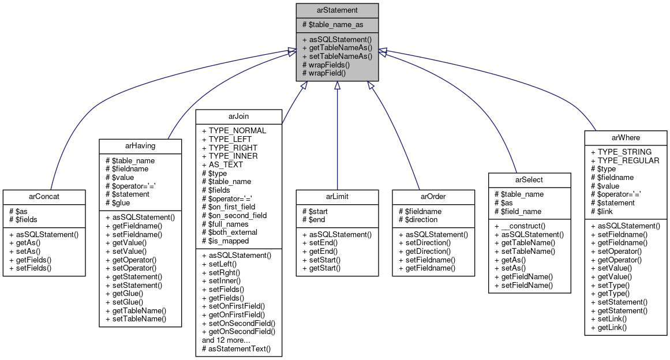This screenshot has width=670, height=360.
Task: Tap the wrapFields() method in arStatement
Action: (327, 65)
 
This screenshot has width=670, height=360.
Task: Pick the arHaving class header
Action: (135, 146)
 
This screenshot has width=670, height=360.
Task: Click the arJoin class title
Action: (238, 117)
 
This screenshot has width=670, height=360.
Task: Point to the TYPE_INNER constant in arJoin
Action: (230, 156)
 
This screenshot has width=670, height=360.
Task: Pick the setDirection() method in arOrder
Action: (428, 243)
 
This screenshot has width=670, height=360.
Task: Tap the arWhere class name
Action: (626, 137)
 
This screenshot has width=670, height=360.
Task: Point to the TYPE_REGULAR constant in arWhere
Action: (624, 160)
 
